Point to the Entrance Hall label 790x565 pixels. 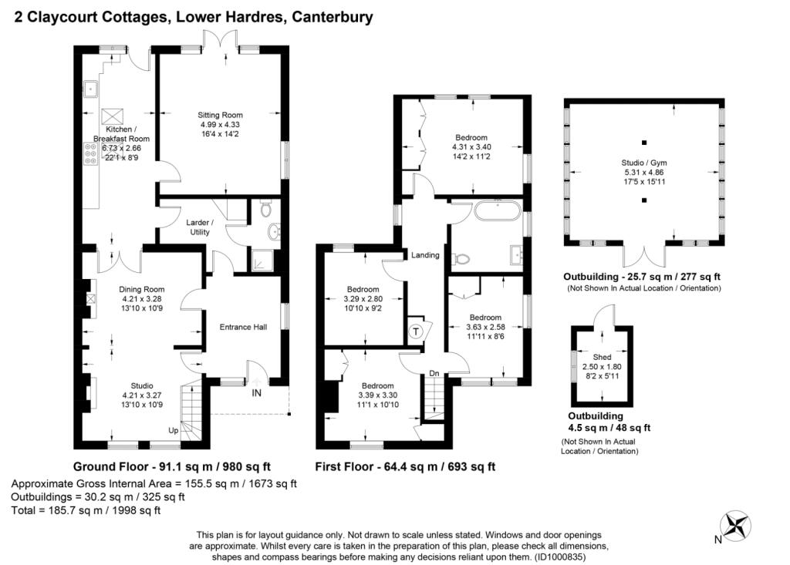click(x=243, y=327)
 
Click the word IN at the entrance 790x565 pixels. click(x=256, y=393)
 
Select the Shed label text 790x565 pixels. click(x=602, y=356)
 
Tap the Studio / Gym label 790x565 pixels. click(x=643, y=163)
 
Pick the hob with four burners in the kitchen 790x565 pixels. click(x=90, y=156)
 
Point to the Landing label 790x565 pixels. click(x=425, y=255)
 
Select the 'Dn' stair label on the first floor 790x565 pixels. click(x=434, y=373)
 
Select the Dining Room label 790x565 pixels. click(x=142, y=290)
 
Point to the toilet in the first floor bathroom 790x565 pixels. click(x=461, y=260)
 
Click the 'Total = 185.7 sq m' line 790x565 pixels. click(x=86, y=510)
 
